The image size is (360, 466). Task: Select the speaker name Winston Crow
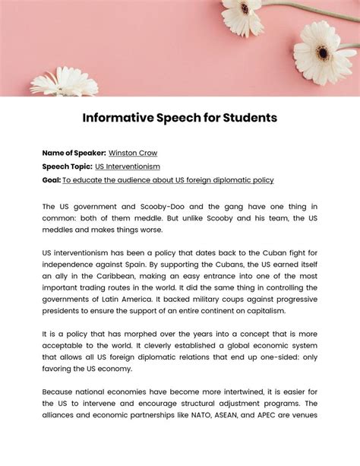[133, 153]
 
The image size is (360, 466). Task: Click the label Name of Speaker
[74, 153]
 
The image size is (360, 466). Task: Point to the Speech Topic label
[67, 166]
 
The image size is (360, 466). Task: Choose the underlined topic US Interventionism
[128, 166]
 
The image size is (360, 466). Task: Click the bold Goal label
[51, 180]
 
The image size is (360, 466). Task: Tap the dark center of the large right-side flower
[324, 53]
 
